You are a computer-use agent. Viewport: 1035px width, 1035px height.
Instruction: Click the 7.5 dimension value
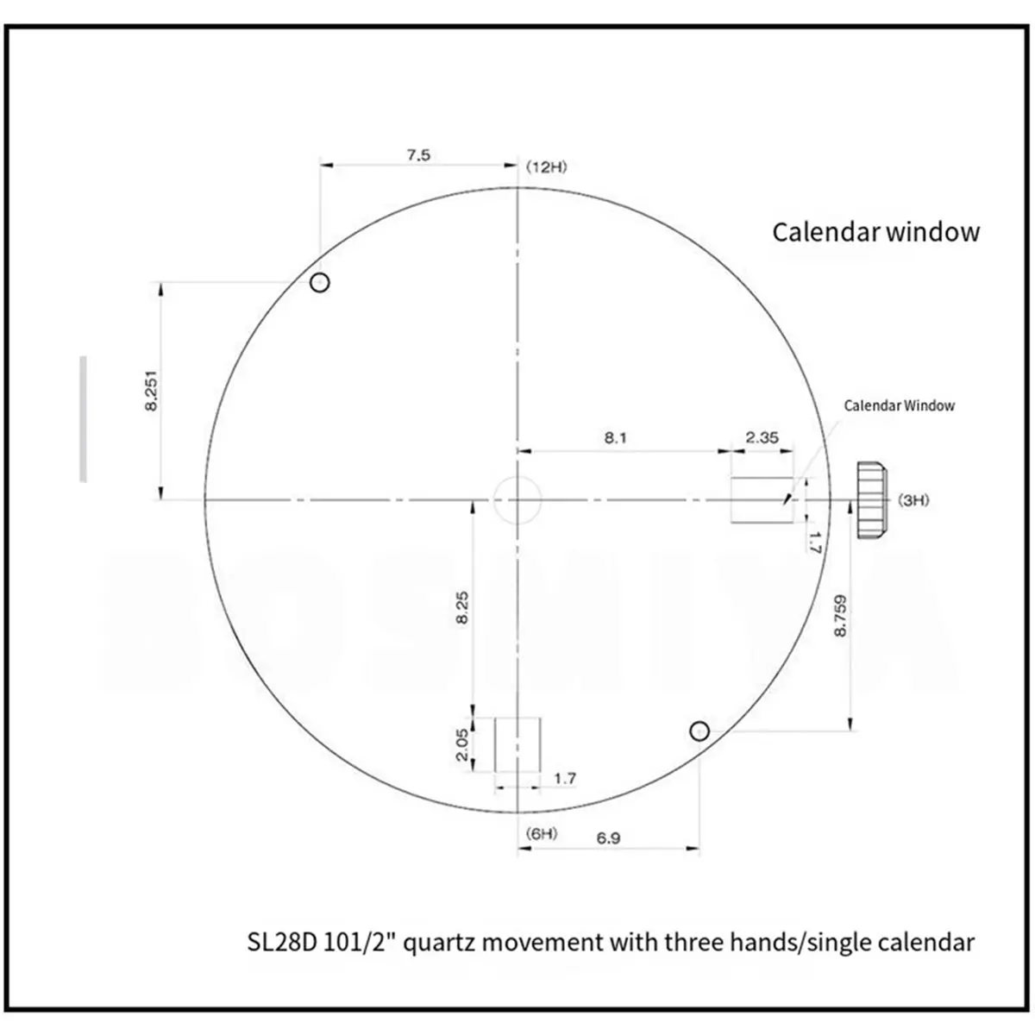(417, 155)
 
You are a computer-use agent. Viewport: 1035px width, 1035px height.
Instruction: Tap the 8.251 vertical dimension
(152, 391)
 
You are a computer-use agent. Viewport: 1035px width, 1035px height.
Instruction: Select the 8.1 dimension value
(615, 438)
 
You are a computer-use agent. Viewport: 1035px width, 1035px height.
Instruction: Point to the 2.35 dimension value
(762, 437)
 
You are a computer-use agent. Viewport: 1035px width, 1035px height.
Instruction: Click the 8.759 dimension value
(840, 616)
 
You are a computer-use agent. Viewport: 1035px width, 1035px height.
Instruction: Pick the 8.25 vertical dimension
(461, 607)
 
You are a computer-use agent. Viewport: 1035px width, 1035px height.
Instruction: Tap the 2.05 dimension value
(461, 744)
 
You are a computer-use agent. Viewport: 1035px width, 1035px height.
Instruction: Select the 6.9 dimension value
(608, 837)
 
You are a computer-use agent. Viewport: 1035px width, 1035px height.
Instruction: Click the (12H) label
(546, 167)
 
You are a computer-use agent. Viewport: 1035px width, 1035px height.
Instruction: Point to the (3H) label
(913, 500)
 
